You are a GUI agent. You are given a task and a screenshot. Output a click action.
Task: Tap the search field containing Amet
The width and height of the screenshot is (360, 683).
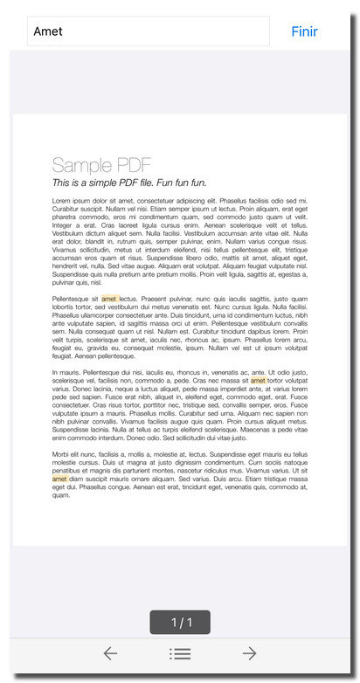[149, 31]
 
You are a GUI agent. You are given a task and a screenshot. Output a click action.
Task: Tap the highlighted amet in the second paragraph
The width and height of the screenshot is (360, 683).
[109, 299]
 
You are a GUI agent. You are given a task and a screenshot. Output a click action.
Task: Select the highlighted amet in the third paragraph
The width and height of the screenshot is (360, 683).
[259, 381]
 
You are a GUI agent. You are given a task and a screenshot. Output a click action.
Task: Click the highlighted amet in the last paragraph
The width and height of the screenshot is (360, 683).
[59, 479]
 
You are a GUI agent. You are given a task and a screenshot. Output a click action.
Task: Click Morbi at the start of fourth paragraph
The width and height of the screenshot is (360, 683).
[61, 454]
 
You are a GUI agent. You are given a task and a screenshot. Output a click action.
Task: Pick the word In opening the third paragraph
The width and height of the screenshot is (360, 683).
[55, 372]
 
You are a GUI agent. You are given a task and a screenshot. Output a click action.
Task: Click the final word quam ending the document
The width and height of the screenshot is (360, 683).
[61, 495]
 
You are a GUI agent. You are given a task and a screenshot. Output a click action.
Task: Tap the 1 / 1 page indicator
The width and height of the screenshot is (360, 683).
[180, 622]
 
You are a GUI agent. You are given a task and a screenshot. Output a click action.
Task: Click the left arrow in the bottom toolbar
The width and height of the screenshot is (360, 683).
[110, 653]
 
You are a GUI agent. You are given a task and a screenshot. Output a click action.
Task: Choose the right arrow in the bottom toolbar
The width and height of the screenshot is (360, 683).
[249, 653]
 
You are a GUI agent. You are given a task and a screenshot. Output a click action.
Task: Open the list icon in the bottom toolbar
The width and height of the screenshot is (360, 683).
[180, 653]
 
